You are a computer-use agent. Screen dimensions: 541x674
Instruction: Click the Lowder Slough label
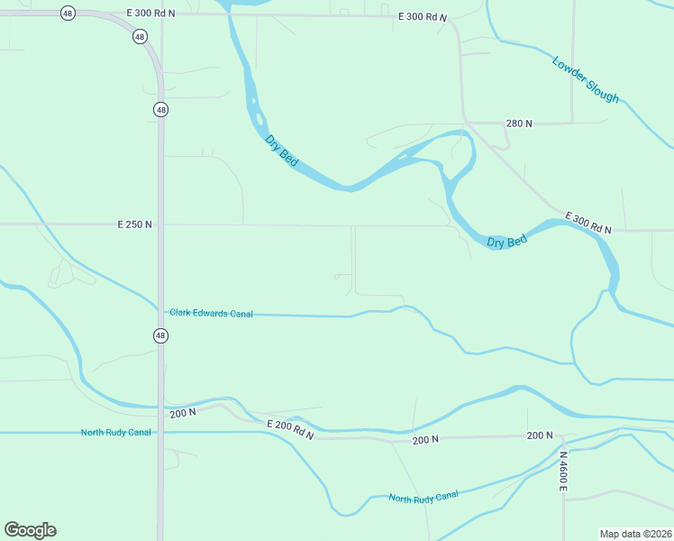click(586, 79)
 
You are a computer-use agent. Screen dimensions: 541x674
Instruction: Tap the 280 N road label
click(519, 123)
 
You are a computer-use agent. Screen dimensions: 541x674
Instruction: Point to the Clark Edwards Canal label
click(211, 313)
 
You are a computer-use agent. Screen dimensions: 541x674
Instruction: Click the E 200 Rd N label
click(290, 429)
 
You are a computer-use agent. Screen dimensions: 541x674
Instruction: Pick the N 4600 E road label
click(561, 472)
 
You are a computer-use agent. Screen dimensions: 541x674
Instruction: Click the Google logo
click(30, 530)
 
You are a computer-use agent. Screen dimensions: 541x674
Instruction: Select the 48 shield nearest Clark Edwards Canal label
click(160, 335)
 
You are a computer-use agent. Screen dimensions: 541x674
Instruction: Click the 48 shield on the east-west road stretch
click(68, 13)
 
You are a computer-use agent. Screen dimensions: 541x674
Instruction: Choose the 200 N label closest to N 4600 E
click(540, 436)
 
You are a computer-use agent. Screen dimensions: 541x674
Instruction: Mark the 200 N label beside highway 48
click(183, 413)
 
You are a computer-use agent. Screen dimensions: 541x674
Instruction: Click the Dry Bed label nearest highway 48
click(281, 150)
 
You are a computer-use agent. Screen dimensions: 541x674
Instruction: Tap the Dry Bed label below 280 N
click(506, 242)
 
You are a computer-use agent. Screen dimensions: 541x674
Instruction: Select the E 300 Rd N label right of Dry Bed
click(588, 223)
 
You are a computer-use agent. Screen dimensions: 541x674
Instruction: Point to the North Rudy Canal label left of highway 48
click(115, 433)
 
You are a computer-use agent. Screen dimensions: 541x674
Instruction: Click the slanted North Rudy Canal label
click(424, 496)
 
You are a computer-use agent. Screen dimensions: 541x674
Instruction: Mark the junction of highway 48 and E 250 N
click(160, 224)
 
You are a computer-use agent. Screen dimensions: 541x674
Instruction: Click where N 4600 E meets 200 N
click(562, 436)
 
